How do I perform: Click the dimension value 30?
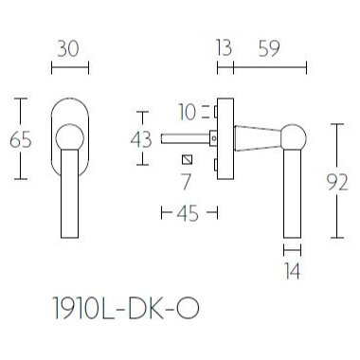pyautogui.click(x=68, y=46)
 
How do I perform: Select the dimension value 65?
pyautogui.click(x=20, y=138)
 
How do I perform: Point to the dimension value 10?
pyautogui.click(x=187, y=113)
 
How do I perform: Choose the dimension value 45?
pyautogui.click(x=188, y=213)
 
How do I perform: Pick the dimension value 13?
pyautogui.click(x=224, y=46)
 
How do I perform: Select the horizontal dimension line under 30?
pyautogui.click(x=68, y=67)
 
